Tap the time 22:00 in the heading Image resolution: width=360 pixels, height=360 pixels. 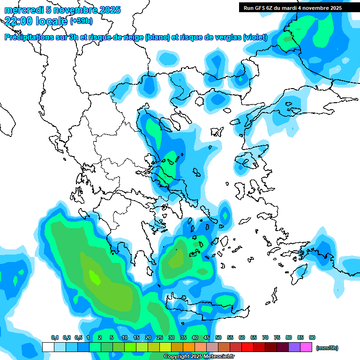click(x=18, y=21)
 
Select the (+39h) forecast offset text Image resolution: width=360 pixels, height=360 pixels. click(x=81, y=21)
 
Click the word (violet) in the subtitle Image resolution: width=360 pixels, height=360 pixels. click(x=255, y=37)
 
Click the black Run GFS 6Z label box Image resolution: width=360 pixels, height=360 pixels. click(x=292, y=7)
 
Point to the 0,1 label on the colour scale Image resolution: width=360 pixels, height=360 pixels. click(x=55, y=338)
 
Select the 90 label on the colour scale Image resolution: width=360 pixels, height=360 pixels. click(x=312, y=338)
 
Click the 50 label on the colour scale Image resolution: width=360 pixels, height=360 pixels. click(x=218, y=338)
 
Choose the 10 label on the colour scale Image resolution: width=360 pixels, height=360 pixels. click(x=125, y=338)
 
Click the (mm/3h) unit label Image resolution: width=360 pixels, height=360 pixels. click(x=327, y=348)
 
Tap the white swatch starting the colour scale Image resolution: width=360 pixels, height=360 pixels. click(x=48, y=347)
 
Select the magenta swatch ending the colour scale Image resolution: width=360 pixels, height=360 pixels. click(x=306, y=347)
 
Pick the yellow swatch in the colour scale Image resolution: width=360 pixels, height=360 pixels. click(x=165, y=347)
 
